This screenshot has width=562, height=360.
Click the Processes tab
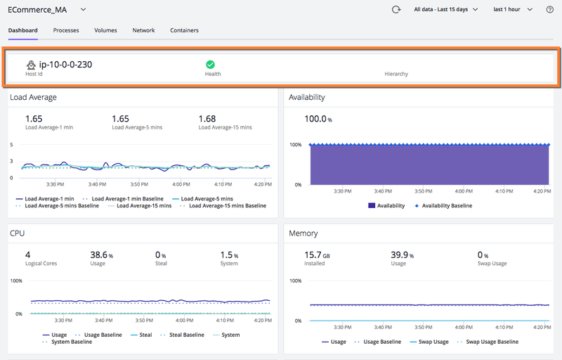point(66,30)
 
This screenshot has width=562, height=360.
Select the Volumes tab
point(105,30)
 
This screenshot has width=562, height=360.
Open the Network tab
point(143,30)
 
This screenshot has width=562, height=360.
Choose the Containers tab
point(184,30)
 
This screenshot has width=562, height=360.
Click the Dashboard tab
point(22,30)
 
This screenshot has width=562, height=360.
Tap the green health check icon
point(210,64)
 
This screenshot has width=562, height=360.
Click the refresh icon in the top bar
point(396,10)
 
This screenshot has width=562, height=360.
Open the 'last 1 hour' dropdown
point(513,10)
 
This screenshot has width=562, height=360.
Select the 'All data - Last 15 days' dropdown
point(445,10)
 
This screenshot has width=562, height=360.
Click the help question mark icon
point(549,10)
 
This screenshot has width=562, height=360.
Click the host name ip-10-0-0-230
point(65,65)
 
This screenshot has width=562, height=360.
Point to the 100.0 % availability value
point(318,119)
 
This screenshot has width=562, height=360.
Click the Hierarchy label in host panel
point(396,74)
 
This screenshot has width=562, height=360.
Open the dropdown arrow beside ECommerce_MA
point(83,10)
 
